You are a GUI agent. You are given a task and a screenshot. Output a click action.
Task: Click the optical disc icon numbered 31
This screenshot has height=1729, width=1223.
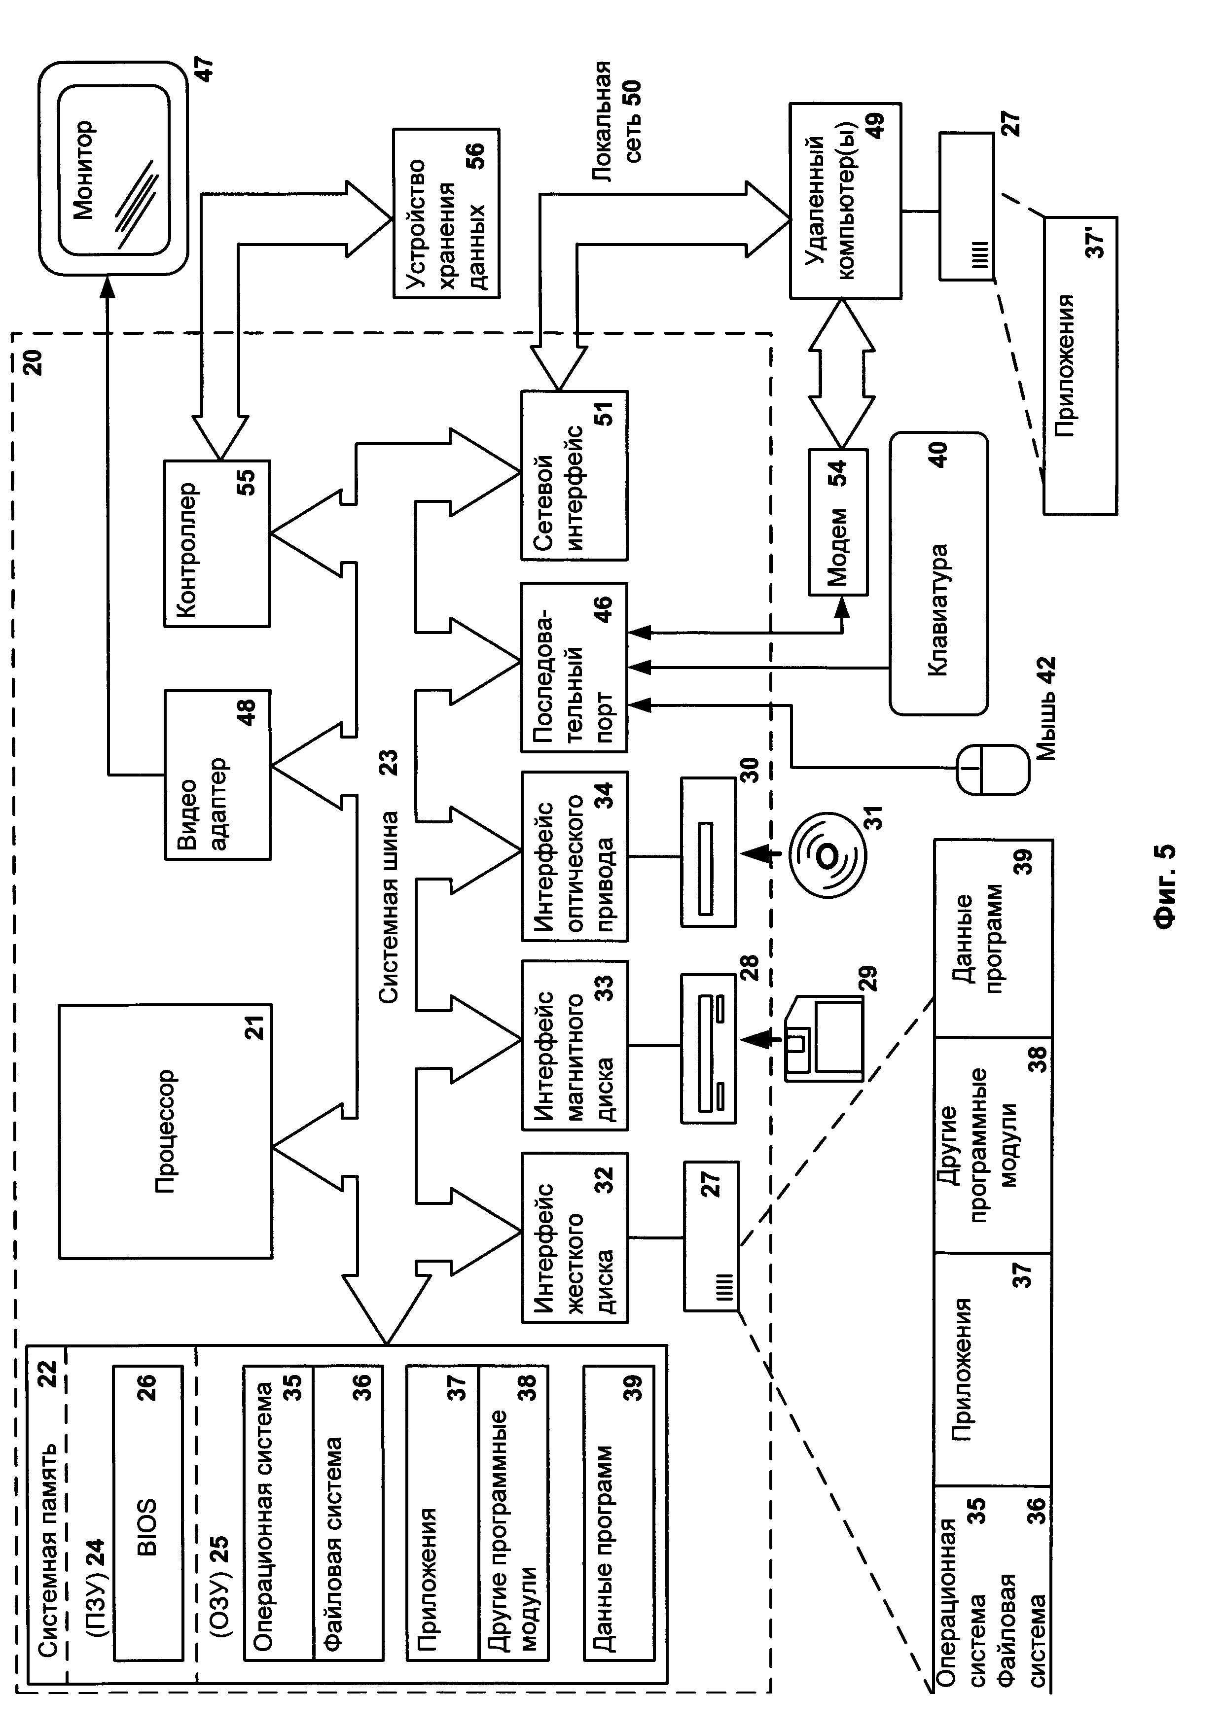pyautogui.click(x=827, y=855)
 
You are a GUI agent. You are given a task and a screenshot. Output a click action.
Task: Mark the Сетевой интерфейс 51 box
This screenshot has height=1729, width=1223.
pyautogui.click(x=574, y=475)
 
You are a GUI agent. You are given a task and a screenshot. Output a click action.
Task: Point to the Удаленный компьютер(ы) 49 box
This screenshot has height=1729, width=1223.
pyautogui.click(x=844, y=201)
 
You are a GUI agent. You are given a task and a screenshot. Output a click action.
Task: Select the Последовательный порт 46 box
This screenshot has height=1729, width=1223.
pyautogui.click(x=574, y=667)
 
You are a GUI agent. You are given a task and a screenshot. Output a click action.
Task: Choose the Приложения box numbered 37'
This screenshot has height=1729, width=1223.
pyautogui.click(x=1079, y=366)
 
